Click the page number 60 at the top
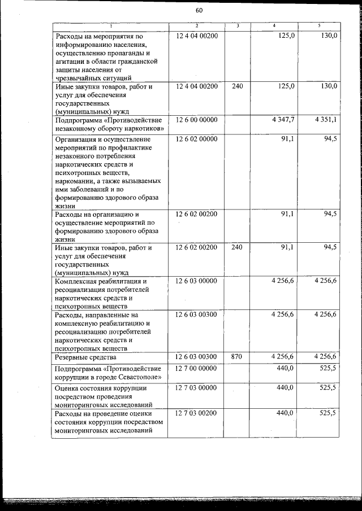coord(199,11)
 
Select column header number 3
coord(238,26)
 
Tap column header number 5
coord(319,26)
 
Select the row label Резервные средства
coord(85,357)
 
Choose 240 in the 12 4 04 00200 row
coord(238,86)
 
